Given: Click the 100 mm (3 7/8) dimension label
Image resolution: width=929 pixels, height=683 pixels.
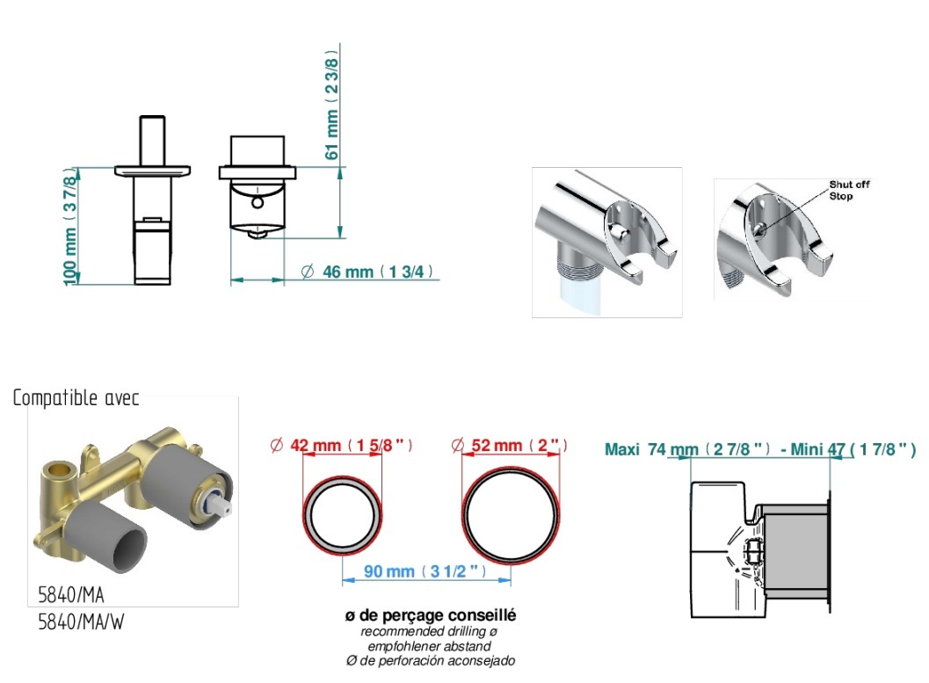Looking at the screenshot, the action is [70, 227].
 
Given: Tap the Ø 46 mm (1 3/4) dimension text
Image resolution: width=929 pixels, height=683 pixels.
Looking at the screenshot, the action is [367, 272].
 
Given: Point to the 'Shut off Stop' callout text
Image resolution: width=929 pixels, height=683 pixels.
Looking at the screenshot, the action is [849, 190].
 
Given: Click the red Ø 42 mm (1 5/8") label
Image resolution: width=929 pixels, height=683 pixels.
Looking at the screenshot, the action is [341, 445].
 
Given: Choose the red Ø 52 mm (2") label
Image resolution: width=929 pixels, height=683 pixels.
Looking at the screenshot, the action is [510, 445].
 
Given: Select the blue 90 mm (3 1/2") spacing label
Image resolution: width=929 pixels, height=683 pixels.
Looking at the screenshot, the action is [425, 571].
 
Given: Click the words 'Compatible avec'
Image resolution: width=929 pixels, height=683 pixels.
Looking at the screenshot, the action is [76, 397].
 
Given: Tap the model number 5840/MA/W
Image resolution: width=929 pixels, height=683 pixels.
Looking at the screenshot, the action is [81, 622].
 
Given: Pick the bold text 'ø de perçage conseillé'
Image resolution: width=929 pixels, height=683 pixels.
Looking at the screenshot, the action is [430, 615].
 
